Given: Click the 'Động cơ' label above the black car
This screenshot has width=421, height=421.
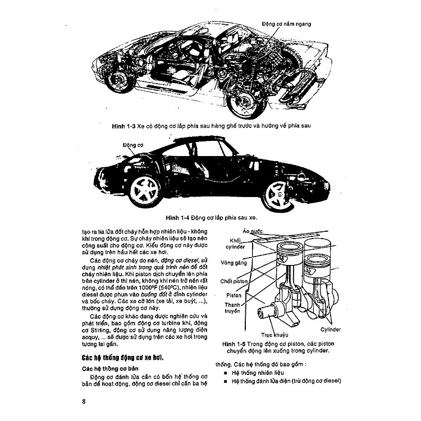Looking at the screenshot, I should [133, 144].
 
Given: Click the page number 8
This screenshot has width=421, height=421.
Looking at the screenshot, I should [83, 402].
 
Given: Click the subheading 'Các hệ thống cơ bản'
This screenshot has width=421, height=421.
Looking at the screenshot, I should [108, 368].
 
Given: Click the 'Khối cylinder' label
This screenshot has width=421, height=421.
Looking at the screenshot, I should [237, 243].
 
